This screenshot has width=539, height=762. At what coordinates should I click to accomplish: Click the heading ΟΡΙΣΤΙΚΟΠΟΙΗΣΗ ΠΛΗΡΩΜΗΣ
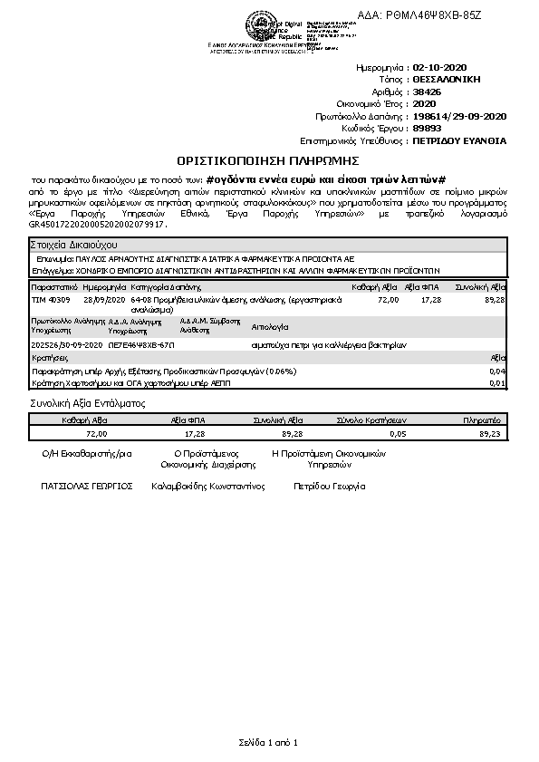point(268,160)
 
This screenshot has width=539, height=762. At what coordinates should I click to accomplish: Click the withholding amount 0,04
point(496,371)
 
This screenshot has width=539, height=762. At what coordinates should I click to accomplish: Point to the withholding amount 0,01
point(496,383)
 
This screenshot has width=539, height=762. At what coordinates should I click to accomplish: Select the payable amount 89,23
point(490,434)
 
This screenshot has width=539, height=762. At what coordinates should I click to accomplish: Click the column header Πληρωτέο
point(481,421)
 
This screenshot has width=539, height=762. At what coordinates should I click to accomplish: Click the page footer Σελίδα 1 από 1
point(268,743)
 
